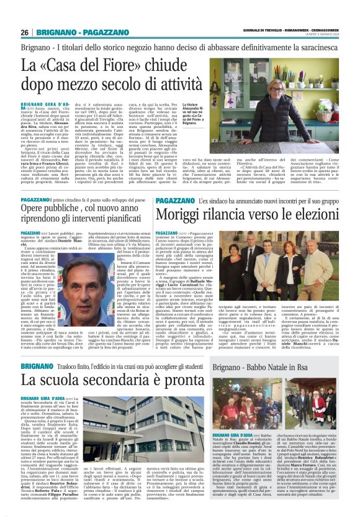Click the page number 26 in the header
point(25,32)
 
